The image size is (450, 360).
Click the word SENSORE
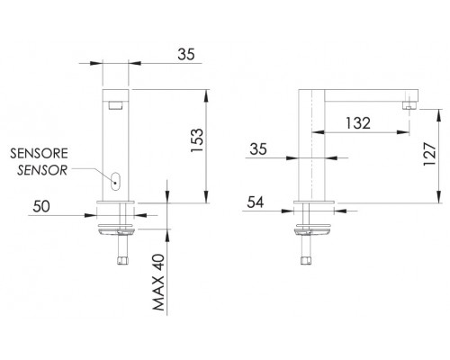click(x=35, y=154)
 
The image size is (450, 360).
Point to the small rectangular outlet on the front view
click(x=115, y=106)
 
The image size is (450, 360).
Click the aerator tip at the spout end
click(x=409, y=106)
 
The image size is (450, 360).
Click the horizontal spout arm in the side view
click(x=360, y=94)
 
